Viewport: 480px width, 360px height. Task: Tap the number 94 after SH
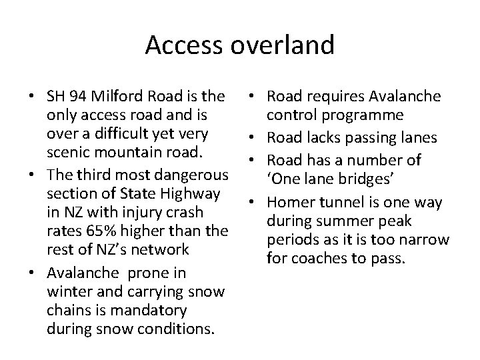point(76,97)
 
